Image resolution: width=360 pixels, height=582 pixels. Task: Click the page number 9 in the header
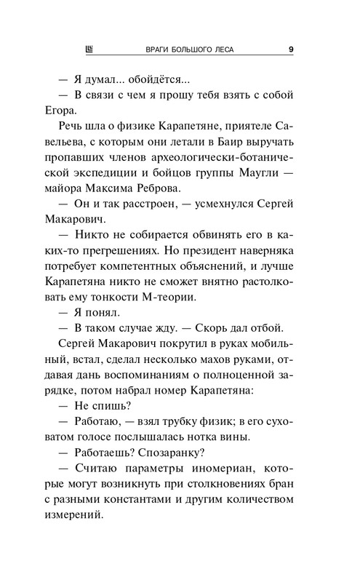(290, 49)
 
